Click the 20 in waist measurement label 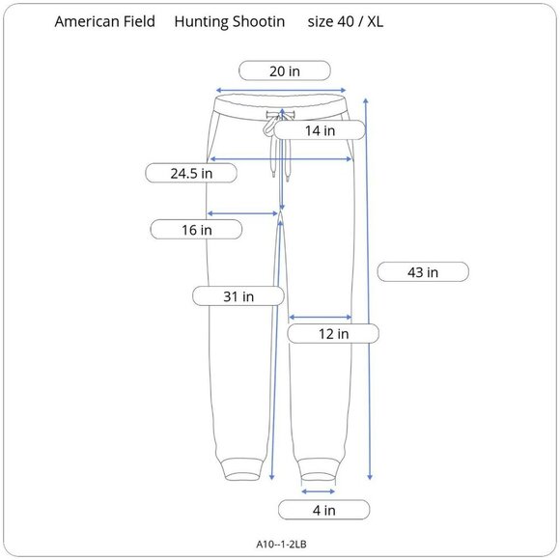(x=285, y=70)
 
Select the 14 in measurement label (x=320, y=130)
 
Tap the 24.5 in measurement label (x=191, y=174)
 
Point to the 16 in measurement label (x=196, y=230)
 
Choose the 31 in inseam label (x=238, y=296)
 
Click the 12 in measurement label (x=333, y=333)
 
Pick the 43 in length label (x=423, y=272)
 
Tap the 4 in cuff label (x=323, y=510)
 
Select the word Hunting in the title (x=202, y=20)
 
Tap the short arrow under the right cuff (x=319, y=491)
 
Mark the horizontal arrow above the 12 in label (x=320, y=317)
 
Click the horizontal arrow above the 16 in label (x=243, y=213)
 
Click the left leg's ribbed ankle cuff (x=241, y=468)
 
